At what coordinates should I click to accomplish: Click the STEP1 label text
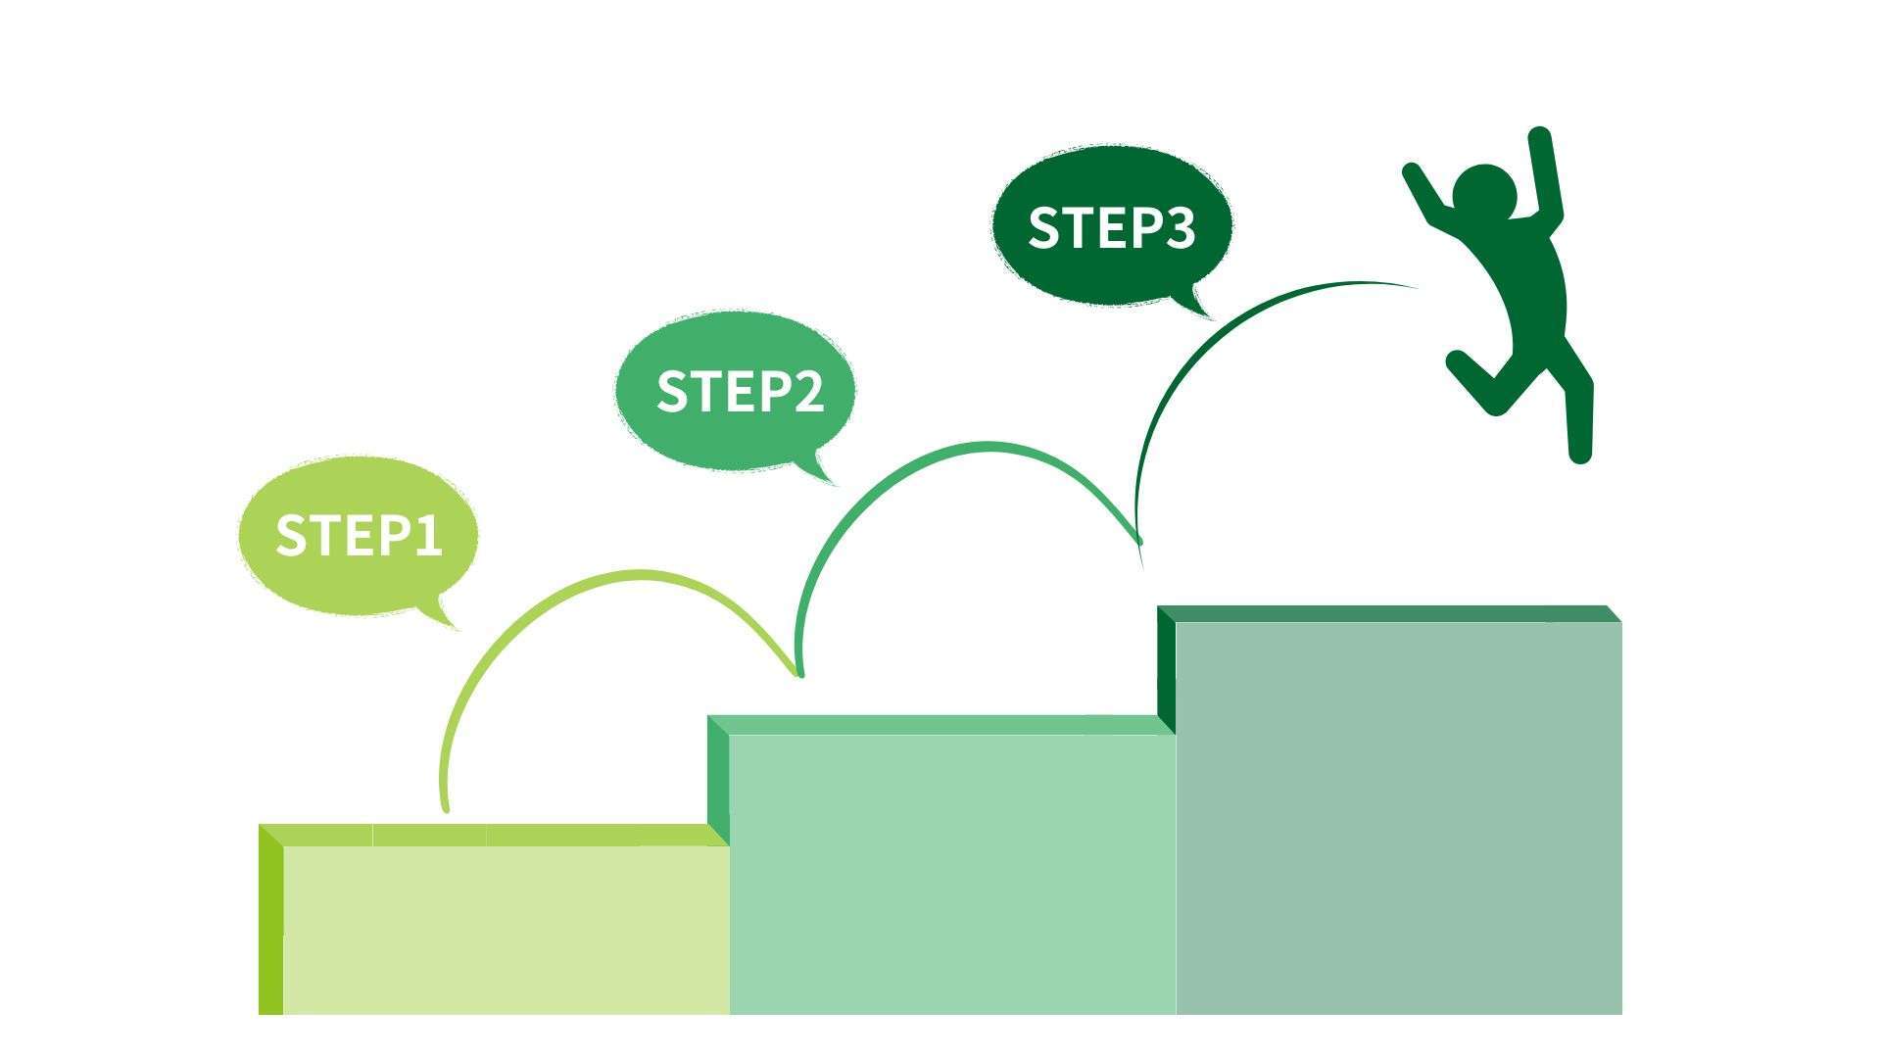359,536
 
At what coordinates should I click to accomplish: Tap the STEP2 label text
740,391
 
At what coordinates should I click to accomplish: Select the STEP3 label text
1111,227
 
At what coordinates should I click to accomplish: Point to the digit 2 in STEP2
806,391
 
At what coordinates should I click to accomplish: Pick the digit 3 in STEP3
1178,227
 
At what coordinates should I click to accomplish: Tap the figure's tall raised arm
1545,176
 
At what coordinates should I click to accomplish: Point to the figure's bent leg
1484,382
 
